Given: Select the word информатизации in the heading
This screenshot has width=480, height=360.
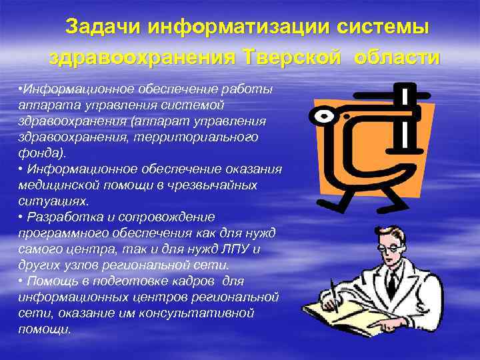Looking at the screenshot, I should (227, 28).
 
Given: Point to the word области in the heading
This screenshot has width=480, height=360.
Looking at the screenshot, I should (397, 57).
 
